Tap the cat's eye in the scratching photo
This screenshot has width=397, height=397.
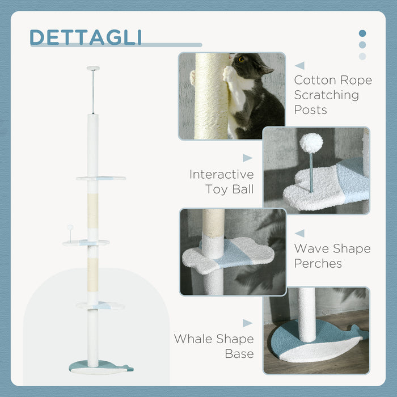(x=242, y=58)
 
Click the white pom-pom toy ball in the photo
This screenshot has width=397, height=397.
(x=311, y=143)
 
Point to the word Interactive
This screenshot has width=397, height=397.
(x=222, y=174)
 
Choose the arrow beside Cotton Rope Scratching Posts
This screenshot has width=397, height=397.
(x=299, y=66)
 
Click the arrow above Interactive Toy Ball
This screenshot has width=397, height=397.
(x=247, y=158)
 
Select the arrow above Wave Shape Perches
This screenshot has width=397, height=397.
(x=299, y=233)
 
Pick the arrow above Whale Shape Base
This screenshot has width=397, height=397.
(x=247, y=323)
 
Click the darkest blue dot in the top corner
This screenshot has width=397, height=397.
(x=362, y=33)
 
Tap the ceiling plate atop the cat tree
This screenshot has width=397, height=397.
(x=93, y=69)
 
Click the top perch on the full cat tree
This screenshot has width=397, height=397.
(x=101, y=178)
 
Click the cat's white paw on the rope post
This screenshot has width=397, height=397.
(x=230, y=73)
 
